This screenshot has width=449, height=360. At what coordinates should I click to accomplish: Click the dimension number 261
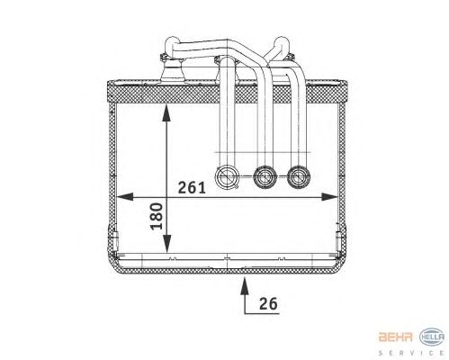[192, 188]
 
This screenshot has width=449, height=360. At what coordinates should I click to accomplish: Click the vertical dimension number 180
[157, 216]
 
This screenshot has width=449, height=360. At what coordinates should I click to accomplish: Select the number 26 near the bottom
[268, 303]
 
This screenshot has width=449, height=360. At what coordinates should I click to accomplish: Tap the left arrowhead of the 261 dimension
[124, 197]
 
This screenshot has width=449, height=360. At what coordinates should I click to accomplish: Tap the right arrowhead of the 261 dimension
[329, 197]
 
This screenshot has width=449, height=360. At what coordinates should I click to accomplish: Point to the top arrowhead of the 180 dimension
[166, 112]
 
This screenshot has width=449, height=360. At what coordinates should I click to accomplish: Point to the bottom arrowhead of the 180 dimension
[166, 244]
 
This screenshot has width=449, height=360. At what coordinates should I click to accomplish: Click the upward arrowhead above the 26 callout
[245, 286]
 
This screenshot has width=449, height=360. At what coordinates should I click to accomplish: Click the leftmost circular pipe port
[227, 177]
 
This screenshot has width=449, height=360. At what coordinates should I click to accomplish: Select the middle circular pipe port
[265, 177]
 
